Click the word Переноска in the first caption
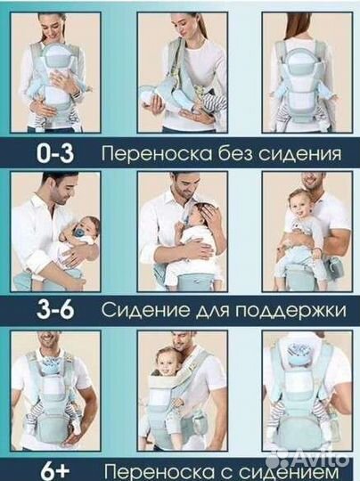click(151, 154)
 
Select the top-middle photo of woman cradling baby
click(178, 71)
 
